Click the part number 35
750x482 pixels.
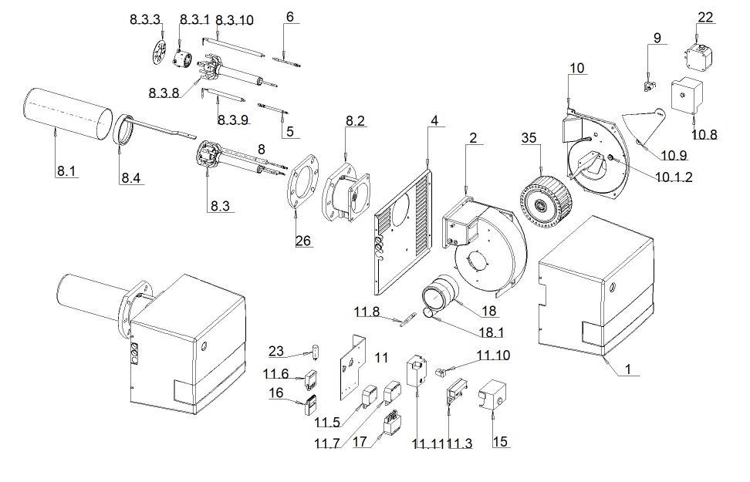[x=529, y=139]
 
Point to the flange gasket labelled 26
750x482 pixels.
[x=301, y=185]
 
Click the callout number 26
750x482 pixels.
[x=304, y=241]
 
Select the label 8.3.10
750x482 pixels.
[x=235, y=21]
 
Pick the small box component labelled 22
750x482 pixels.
[x=698, y=56]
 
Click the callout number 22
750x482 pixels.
[x=706, y=17]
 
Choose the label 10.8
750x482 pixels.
[x=704, y=134]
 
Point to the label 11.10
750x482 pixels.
[x=493, y=355]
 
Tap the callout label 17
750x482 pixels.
[x=359, y=443]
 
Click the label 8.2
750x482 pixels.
[x=355, y=121]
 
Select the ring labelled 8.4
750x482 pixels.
[x=122, y=128]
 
